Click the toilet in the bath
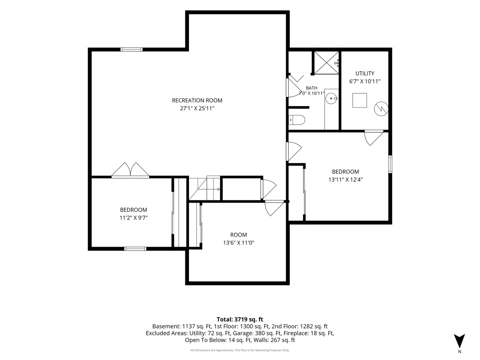coord(297,120)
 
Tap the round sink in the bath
coord(332,99)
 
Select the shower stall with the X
coord(326,63)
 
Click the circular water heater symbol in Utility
coord(381,109)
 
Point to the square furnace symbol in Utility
coord(360,100)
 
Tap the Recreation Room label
coord(197,100)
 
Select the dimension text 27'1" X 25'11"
coord(197,108)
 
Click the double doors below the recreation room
coord(130,170)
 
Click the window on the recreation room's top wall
coord(131,50)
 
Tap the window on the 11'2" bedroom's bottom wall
coord(135,249)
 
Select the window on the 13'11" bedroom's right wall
coord(390,164)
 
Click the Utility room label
coord(365,73)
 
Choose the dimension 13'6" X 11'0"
coord(239,243)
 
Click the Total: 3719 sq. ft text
coord(240,319)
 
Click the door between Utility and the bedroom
coord(374,138)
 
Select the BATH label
coord(311,88)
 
